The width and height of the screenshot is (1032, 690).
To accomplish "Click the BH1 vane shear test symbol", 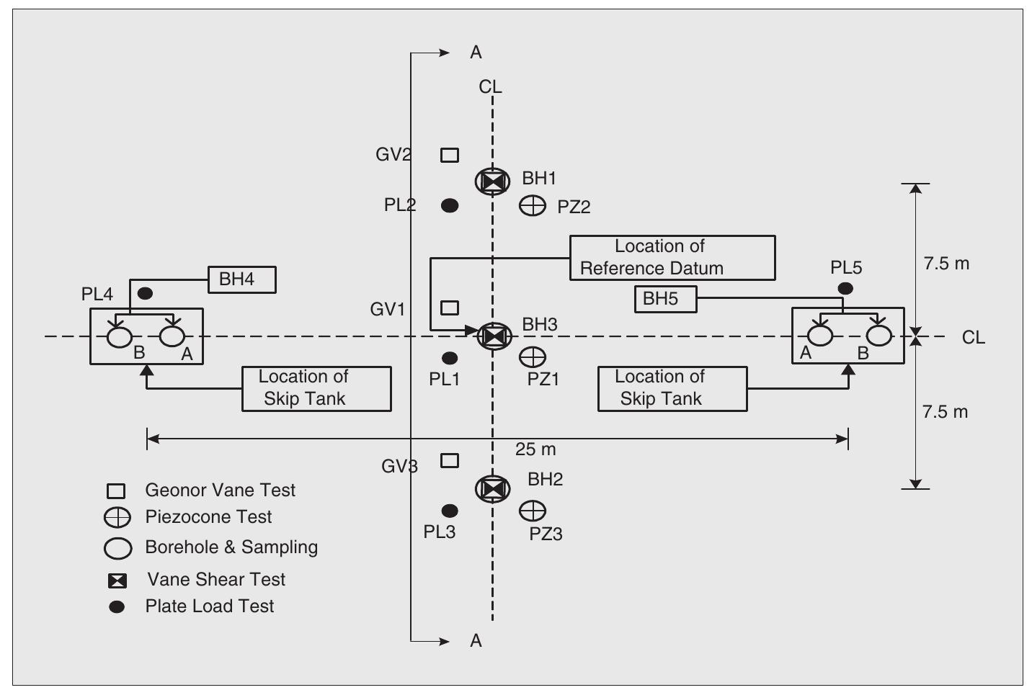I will point(493,181).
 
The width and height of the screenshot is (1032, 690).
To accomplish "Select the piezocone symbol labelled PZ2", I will point(533,206).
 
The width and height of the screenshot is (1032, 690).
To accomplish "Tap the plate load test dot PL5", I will point(845,288).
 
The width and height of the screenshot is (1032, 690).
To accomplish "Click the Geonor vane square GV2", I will point(450,155).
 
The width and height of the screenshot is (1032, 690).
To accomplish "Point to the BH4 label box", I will point(242,279).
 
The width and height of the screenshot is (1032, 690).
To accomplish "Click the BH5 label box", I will point(665,299).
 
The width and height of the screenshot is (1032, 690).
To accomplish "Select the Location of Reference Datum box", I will point(672,257).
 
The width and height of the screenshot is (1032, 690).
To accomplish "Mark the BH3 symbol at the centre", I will point(494,336).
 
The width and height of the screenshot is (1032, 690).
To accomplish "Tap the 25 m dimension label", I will point(535,449).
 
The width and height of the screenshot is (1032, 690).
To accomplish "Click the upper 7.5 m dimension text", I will point(946,264).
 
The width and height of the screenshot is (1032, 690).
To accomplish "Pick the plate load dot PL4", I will point(145,293).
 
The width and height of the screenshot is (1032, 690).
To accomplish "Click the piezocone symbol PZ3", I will point(533,511).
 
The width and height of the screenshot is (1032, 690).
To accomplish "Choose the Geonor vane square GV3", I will point(450,460).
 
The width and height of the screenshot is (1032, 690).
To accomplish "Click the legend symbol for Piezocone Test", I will point(117,517).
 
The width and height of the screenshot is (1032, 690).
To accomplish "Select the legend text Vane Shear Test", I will point(216,579).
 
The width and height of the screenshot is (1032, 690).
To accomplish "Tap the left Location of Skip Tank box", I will point(316,388).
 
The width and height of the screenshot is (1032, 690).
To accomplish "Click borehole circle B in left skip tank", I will point(119,336).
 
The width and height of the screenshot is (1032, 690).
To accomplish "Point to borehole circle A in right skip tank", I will point(820,336).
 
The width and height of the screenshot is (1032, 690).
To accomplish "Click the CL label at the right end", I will point(973,337).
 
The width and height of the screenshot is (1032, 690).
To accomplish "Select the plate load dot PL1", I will point(450,357).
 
